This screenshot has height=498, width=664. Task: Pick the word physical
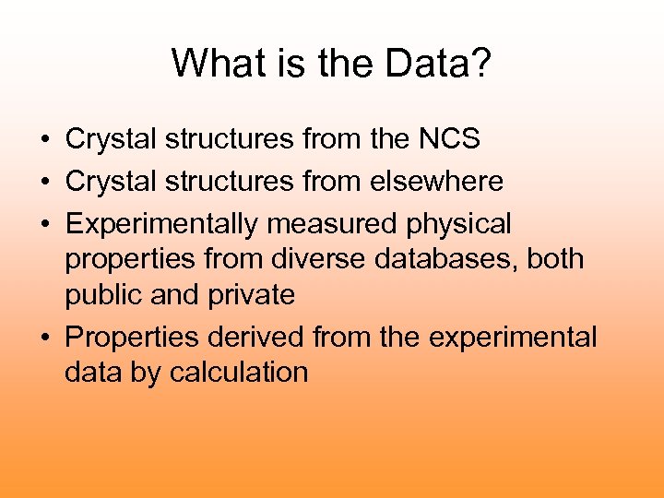458,224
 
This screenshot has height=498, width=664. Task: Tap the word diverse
318,259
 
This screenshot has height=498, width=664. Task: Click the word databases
446,259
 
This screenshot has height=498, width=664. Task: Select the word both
555,259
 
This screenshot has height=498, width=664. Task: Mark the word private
252,295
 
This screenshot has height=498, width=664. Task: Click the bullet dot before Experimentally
44,225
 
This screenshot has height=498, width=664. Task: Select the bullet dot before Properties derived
44,338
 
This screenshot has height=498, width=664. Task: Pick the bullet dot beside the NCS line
44,140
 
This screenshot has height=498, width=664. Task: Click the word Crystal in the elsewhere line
111,182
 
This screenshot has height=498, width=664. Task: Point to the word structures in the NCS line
229,139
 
